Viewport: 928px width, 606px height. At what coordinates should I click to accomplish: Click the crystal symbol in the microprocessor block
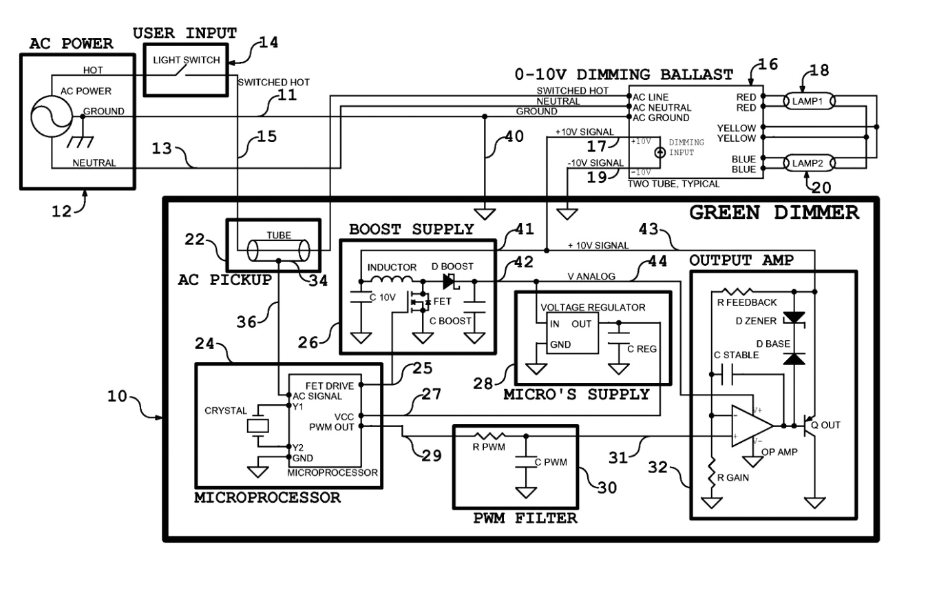257,426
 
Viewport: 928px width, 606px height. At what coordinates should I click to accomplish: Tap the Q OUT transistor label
825,425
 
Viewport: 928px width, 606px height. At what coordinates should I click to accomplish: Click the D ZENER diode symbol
796,317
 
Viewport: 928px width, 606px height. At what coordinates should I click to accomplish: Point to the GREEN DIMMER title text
774,213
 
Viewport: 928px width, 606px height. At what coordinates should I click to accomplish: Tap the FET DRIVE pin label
334,386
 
